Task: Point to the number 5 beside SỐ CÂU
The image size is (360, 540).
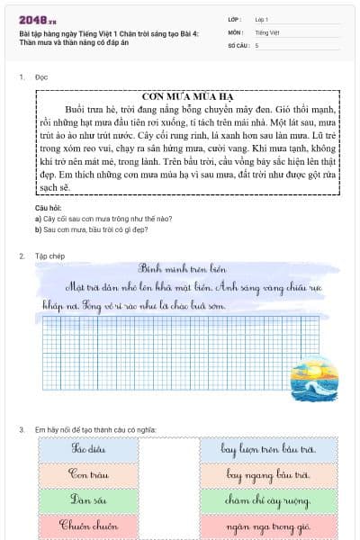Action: coord(256,44)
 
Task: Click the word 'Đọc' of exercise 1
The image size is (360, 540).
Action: coord(41,77)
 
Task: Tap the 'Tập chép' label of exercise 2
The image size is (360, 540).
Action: coord(49,256)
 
